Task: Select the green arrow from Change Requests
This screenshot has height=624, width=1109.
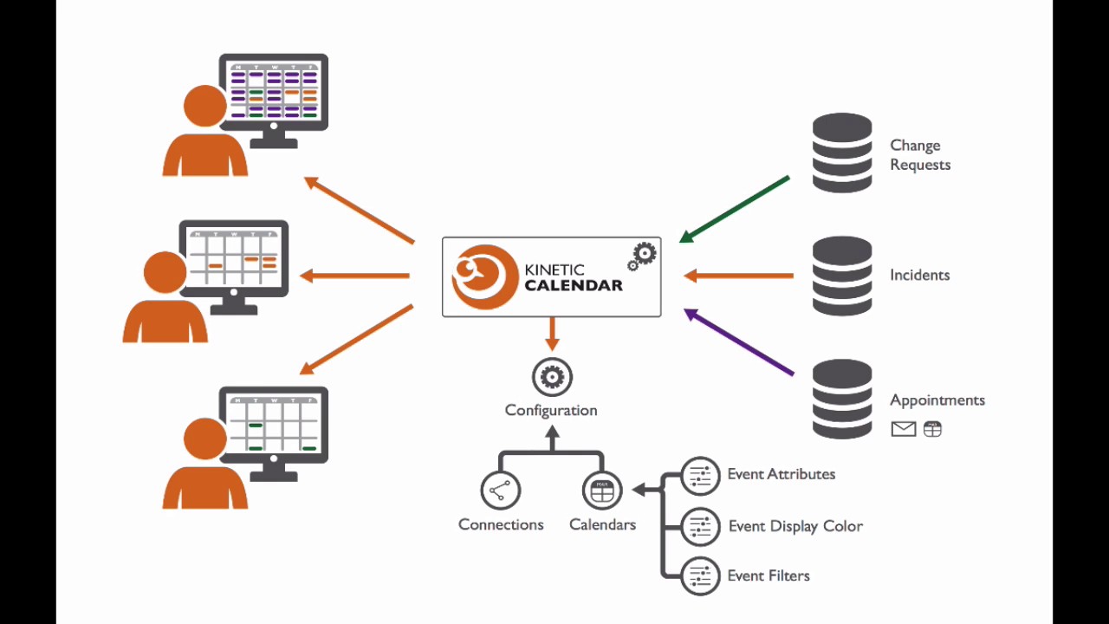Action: (x=735, y=209)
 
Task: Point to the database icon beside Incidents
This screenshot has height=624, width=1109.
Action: (x=842, y=276)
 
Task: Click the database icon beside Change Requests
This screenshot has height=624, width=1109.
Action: (x=842, y=153)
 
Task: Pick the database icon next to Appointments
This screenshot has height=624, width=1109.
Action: (x=842, y=400)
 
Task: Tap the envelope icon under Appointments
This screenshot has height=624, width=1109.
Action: (x=903, y=429)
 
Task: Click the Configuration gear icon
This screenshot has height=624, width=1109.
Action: (x=552, y=377)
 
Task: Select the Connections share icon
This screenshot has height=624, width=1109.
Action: (x=500, y=491)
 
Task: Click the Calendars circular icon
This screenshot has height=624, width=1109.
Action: (x=602, y=491)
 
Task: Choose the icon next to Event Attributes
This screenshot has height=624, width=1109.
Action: (x=700, y=476)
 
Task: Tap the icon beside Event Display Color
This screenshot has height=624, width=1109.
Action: (x=700, y=526)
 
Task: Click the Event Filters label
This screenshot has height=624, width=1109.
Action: (x=768, y=575)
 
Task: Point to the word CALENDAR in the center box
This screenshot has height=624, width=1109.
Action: (x=573, y=286)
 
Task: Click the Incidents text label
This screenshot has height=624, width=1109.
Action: (x=919, y=275)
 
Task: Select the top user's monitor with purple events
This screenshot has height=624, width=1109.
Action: (x=274, y=92)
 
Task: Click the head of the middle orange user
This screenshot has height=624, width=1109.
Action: (x=165, y=272)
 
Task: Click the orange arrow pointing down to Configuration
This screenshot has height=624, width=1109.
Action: (x=552, y=335)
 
